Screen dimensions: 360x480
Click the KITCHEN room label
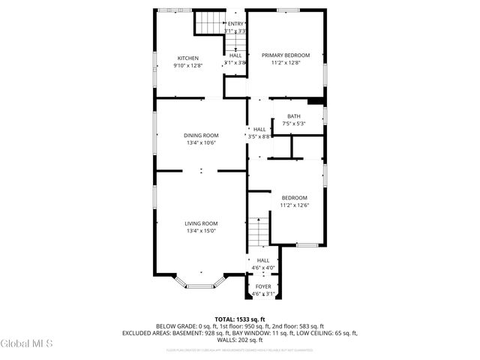(x=187, y=58)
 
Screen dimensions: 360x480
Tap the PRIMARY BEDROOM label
(x=286, y=55)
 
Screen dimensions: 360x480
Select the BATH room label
(x=294, y=115)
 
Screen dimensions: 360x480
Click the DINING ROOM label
(x=201, y=135)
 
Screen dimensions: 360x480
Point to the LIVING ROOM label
(x=201, y=223)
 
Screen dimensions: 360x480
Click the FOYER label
(x=263, y=286)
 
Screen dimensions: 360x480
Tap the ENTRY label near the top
(x=235, y=24)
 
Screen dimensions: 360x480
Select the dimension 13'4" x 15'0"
(x=201, y=231)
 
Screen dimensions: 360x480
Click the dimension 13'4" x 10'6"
(x=201, y=142)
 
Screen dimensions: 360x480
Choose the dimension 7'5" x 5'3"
(x=294, y=123)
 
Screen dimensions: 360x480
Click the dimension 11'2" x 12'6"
(x=294, y=205)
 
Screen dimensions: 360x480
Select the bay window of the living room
(x=200, y=283)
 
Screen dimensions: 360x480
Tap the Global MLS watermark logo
(x=27, y=343)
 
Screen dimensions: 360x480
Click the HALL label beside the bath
(x=259, y=129)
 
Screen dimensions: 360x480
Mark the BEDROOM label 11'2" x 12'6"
(x=294, y=197)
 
